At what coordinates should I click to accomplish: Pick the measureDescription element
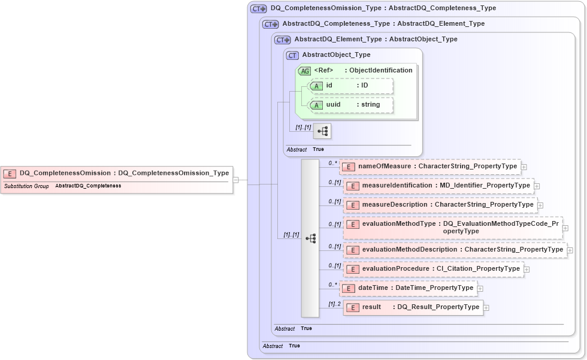(x=441, y=205)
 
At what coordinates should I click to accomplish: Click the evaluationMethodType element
(x=453, y=227)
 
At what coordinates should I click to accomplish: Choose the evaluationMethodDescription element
(x=456, y=250)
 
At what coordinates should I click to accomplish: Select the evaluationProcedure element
(x=434, y=269)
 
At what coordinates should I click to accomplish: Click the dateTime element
(x=409, y=288)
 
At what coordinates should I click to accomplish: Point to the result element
(x=413, y=307)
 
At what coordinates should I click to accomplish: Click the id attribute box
(x=351, y=86)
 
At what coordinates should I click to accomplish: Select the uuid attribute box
(x=351, y=105)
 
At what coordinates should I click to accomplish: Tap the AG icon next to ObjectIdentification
(x=305, y=71)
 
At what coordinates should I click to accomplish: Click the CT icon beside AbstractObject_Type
(x=293, y=55)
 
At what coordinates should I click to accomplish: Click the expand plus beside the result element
(x=486, y=308)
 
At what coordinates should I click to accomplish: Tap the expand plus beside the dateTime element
(x=480, y=289)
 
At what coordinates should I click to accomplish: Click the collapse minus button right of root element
(x=236, y=179)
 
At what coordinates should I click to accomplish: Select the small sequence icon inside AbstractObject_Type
(x=322, y=131)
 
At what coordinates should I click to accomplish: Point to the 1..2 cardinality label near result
(x=334, y=304)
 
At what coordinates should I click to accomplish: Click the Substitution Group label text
(x=26, y=186)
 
